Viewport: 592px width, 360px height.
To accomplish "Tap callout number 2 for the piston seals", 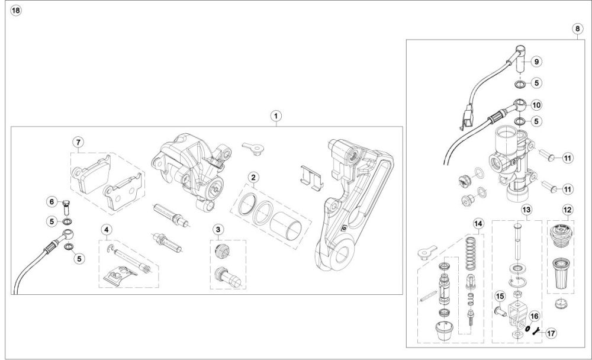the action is point(252,177).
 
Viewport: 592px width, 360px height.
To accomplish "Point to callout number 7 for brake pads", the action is point(78,142).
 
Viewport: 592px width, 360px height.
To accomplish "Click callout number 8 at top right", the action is point(577,28).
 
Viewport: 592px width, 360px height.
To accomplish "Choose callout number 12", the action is point(567,209).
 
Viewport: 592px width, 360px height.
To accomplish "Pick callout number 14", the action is point(478,223).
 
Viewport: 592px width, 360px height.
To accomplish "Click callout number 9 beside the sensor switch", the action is point(536,61).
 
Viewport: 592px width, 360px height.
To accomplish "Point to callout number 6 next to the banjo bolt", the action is point(52,202).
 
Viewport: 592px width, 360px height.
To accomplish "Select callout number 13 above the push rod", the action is point(526,209).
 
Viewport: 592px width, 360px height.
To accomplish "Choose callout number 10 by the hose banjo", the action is point(536,104).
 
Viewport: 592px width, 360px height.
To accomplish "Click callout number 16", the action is point(534,317).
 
